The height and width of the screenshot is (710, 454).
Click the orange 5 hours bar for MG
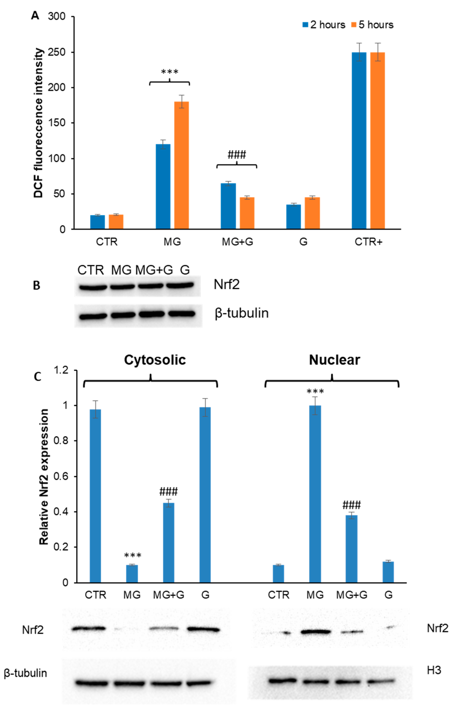(x=181, y=165)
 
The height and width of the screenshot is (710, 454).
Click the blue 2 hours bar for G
(x=293, y=217)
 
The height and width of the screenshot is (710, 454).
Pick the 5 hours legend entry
(x=372, y=25)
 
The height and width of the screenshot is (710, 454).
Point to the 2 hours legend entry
(x=324, y=25)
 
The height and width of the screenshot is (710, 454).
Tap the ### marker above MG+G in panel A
(x=237, y=154)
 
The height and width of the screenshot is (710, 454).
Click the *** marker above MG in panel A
(x=169, y=72)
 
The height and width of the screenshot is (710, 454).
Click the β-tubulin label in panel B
(x=241, y=313)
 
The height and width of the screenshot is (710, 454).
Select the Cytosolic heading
(x=155, y=360)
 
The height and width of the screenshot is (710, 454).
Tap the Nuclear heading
(x=334, y=360)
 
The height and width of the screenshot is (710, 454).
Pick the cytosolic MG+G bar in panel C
(x=169, y=542)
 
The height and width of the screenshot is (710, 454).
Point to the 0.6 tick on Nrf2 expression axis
(x=60, y=476)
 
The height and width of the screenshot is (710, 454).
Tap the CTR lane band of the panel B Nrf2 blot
(x=93, y=287)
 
